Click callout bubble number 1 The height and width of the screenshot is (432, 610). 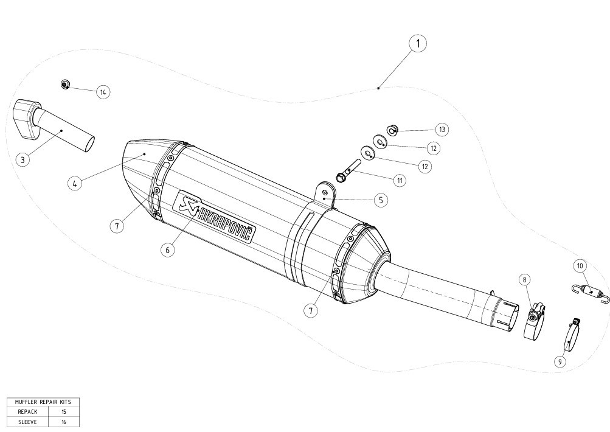(x=418, y=43)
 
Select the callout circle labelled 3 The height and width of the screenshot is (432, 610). (x=23, y=159)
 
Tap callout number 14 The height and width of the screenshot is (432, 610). (x=103, y=92)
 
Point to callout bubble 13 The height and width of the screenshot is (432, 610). (x=442, y=129)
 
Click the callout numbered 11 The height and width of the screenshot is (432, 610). (x=400, y=181)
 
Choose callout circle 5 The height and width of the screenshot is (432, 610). (x=381, y=200)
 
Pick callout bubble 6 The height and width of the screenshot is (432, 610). (x=168, y=249)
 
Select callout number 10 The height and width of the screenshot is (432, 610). (x=580, y=267)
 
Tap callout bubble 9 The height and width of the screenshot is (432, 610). (x=560, y=361)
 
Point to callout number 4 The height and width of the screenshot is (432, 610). (x=74, y=183)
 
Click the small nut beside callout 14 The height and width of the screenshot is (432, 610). (x=65, y=84)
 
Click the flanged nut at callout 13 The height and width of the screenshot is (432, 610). (x=392, y=129)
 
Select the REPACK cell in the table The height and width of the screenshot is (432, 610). (x=27, y=411)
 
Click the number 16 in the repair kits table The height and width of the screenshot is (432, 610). (x=64, y=422)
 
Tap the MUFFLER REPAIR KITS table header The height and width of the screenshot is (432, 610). (x=43, y=402)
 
